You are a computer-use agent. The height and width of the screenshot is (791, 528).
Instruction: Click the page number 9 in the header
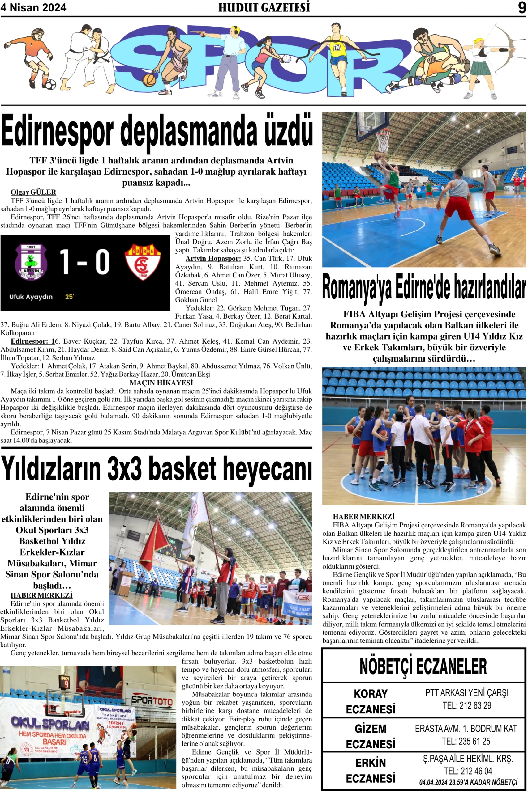point(522,7)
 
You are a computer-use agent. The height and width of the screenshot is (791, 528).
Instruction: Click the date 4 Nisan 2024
point(33,7)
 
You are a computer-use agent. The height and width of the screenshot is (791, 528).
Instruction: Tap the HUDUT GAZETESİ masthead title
point(264,7)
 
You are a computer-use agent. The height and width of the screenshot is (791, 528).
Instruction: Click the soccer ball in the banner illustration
point(50,84)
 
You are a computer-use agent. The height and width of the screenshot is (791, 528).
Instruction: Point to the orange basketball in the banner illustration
point(149,80)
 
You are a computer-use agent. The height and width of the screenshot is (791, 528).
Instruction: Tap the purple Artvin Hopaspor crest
point(31,262)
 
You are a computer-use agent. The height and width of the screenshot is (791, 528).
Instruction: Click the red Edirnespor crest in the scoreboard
point(142,262)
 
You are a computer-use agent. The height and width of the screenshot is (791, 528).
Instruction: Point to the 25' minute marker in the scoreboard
point(69,297)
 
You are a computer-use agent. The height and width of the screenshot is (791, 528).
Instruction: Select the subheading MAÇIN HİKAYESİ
point(161,383)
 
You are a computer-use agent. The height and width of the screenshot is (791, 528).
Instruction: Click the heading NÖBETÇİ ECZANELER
point(423,666)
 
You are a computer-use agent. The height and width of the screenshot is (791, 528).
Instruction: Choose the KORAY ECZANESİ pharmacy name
point(371,701)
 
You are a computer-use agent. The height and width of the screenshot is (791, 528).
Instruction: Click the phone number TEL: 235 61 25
point(466,741)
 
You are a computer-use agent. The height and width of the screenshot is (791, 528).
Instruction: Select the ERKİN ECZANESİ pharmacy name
point(371,770)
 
